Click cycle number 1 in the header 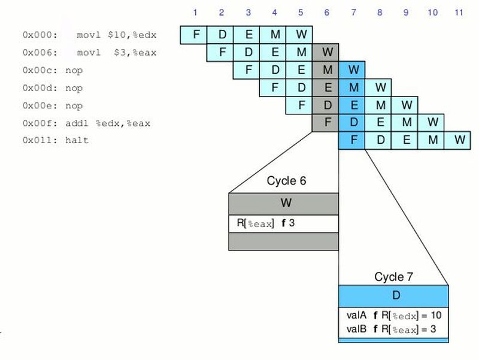pos(195,12)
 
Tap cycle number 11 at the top pos(459,12)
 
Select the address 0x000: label pos(38,35)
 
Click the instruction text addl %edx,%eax pos(111,123)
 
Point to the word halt pos(77,141)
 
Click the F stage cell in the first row pos(195,35)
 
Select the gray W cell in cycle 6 pos(327,53)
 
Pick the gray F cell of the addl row pos(327,123)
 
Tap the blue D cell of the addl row pos(353,123)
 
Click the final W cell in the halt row pos(459,141)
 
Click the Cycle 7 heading pos(393,277)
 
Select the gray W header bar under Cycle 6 pos(284,203)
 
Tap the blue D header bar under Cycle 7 pos(393,295)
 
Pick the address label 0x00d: pos(38,88)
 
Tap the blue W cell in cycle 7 pos(353,70)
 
